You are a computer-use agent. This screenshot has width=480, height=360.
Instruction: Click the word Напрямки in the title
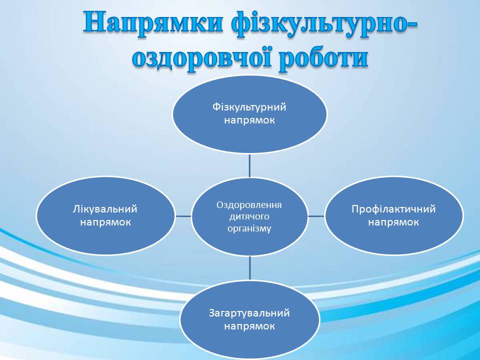pyautogui.click(x=152, y=23)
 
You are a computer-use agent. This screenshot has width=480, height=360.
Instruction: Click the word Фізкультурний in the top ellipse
pyautogui.click(x=249, y=107)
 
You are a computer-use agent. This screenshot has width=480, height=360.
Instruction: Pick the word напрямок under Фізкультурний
pyautogui.click(x=249, y=120)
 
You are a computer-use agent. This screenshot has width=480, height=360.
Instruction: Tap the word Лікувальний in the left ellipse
pyautogui.click(x=105, y=209)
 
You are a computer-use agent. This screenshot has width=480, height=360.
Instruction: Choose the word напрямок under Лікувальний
pyautogui.click(x=105, y=222)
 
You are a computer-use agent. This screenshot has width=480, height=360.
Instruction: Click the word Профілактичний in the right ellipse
pyautogui.click(x=393, y=209)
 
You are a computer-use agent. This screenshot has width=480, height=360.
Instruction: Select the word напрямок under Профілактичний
pyautogui.click(x=393, y=222)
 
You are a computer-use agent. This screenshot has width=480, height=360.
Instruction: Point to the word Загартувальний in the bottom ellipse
pyautogui.click(x=249, y=313)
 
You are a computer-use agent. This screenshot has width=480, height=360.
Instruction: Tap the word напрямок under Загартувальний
pyautogui.click(x=249, y=326)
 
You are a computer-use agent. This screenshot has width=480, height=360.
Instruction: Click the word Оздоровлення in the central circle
pyautogui.click(x=249, y=205)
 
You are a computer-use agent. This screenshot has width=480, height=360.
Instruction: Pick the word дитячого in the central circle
pyautogui.click(x=249, y=216)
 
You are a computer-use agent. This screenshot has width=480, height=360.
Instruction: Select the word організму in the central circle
pyautogui.click(x=249, y=228)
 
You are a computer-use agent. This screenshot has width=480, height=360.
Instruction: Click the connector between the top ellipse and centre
pyautogui.click(x=249, y=165)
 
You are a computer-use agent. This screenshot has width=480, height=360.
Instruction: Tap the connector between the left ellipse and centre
pyautogui.click(x=183, y=216)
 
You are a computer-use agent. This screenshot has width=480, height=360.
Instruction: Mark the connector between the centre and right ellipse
pyautogui.click(x=316, y=216)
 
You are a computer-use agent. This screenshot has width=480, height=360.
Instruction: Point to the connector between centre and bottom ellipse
pyautogui.click(x=250, y=267)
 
